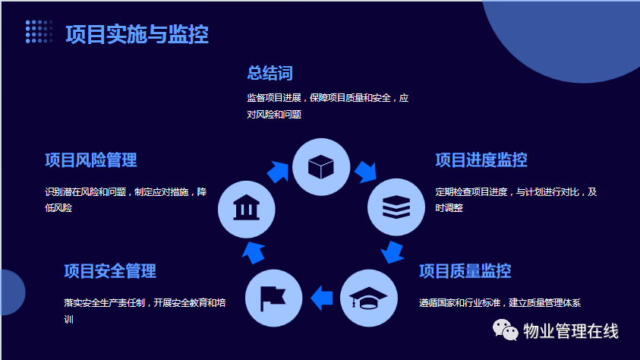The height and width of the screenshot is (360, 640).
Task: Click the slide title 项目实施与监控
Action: click(137, 34)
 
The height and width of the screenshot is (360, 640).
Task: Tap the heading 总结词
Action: click(270, 74)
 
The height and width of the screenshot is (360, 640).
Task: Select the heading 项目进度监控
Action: click(481, 160)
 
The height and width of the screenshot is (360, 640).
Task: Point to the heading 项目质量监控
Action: click(465, 271)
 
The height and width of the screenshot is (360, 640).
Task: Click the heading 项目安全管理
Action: click(110, 271)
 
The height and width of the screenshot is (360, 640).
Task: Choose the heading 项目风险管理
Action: click(90, 160)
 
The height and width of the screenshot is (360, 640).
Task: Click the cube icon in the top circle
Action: click(321, 167)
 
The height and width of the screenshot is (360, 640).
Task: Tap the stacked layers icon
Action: click(396, 207)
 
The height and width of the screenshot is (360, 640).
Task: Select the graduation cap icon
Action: click(368, 298)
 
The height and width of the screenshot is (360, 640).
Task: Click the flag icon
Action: click(273, 298)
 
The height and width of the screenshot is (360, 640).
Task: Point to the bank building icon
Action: click(246, 208)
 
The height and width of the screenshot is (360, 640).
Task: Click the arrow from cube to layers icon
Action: click(366, 172)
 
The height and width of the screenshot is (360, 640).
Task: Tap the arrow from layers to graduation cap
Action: click(393, 252)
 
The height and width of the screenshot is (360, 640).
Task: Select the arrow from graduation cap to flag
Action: click(322, 298)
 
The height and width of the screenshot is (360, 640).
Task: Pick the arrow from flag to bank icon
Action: click(254, 253)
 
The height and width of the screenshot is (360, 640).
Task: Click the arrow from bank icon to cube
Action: click(278, 172)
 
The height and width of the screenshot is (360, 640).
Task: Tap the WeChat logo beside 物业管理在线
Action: click(506, 330)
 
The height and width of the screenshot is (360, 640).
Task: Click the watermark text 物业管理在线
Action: click(571, 330)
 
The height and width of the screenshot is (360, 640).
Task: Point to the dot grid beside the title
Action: click(39, 31)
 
